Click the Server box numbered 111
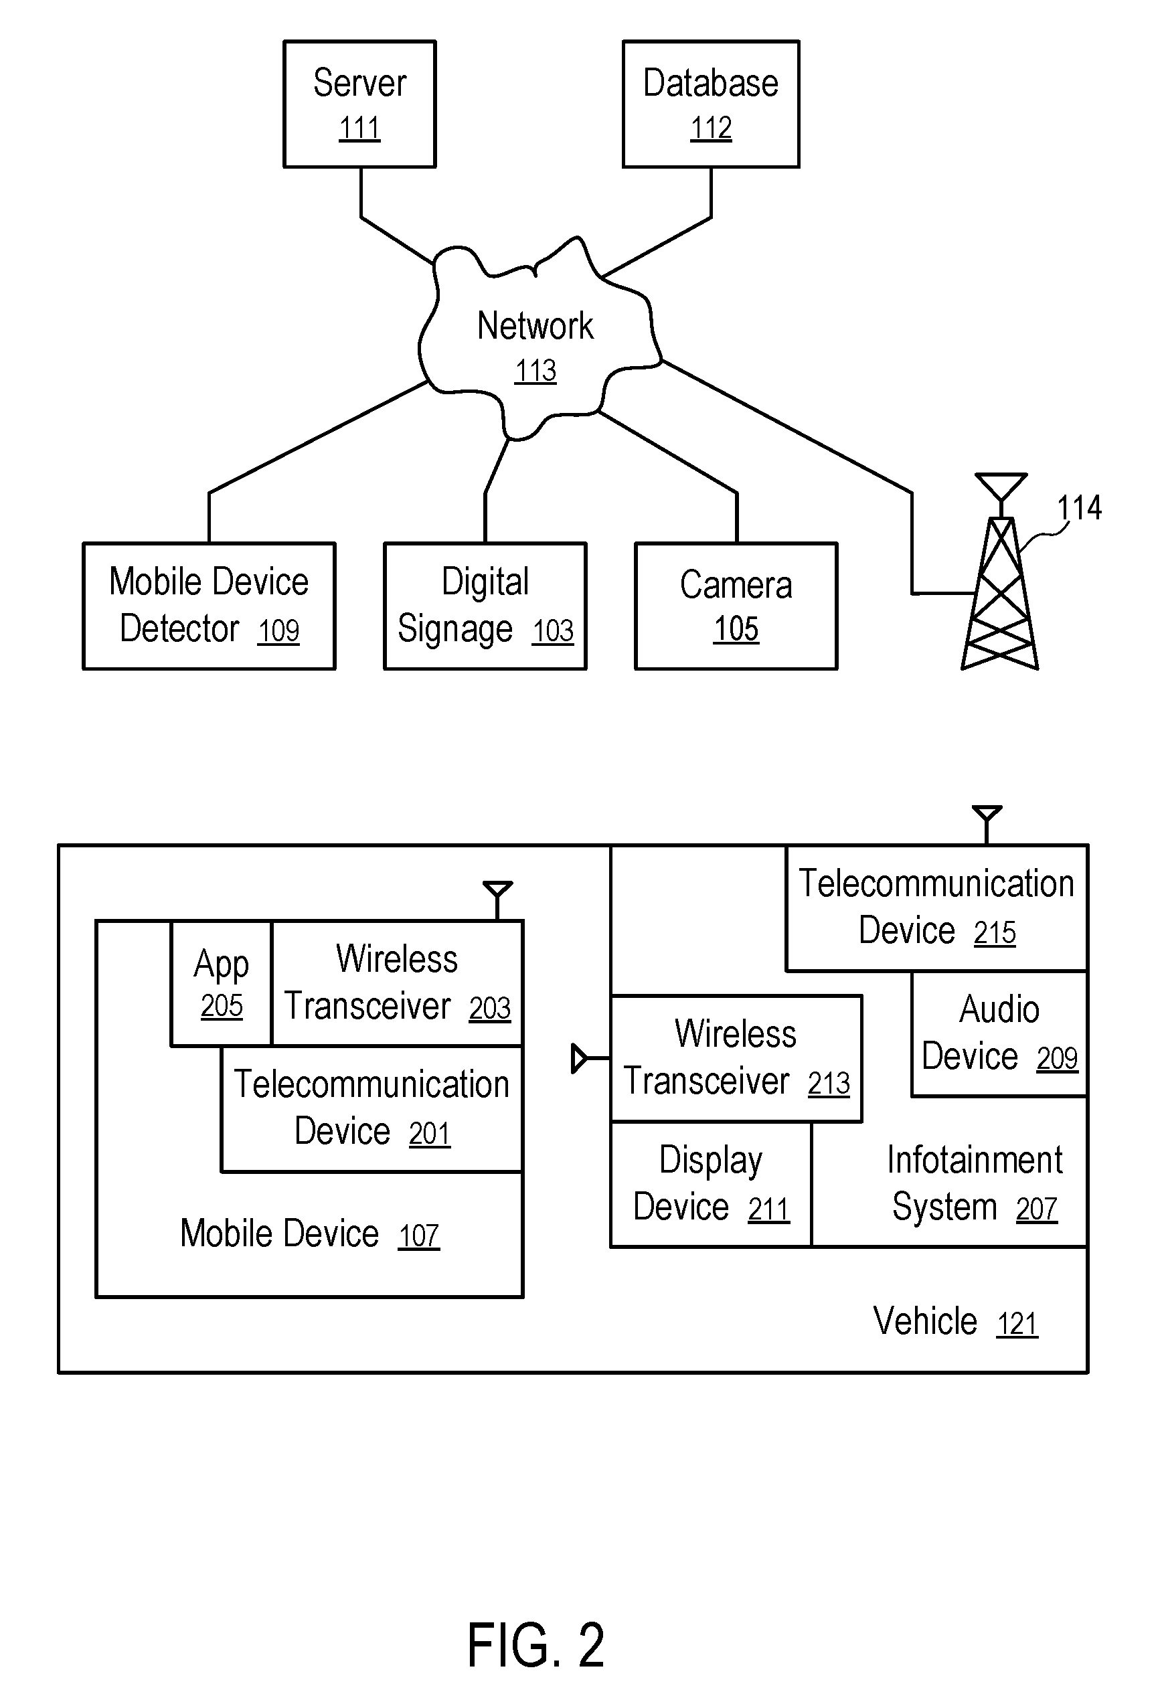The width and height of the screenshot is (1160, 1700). [360, 104]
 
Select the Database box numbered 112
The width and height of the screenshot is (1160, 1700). [711, 104]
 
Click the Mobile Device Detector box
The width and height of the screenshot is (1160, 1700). [210, 606]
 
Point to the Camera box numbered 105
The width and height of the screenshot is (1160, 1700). [736, 606]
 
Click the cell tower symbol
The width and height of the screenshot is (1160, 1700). [1000, 585]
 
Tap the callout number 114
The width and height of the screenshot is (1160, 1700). [1079, 508]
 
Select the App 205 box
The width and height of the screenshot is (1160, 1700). [222, 983]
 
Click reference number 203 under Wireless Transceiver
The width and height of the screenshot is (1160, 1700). [489, 1009]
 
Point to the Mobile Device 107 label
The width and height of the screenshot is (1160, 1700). [309, 1234]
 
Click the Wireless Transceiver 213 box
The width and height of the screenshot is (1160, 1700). [736, 1057]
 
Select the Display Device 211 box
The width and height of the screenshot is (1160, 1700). [711, 1183]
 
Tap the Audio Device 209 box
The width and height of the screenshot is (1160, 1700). [999, 1033]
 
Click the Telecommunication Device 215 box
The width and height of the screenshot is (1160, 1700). [936, 908]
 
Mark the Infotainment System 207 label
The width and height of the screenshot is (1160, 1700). [974, 1183]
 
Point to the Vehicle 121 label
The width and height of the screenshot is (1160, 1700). [955, 1322]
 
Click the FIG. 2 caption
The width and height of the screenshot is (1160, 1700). [535, 1645]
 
